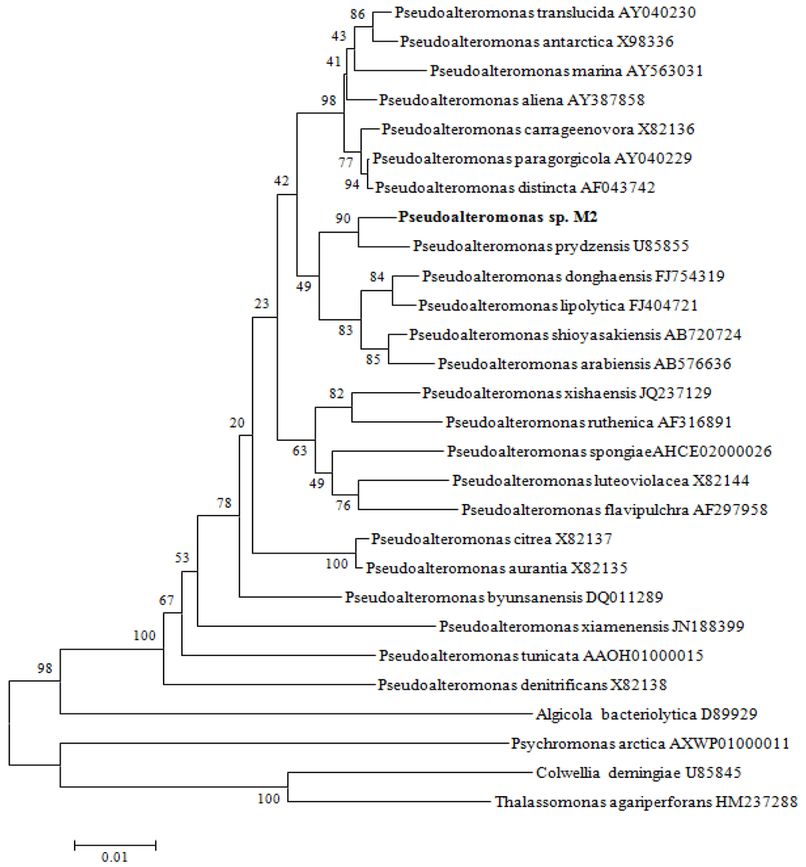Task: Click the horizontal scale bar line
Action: click(115, 844)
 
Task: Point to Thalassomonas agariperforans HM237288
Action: click(646, 802)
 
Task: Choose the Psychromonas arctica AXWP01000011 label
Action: click(650, 743)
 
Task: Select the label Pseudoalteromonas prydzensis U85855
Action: click(551, 246)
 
